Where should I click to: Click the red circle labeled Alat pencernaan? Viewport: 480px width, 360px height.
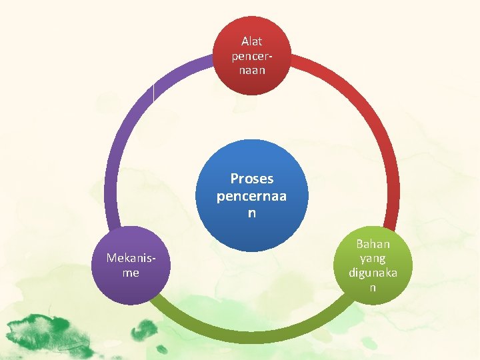click(252, 55)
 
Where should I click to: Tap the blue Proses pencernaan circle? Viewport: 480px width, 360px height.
click(252, 195)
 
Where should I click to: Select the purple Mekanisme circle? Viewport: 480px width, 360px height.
click(131, 265)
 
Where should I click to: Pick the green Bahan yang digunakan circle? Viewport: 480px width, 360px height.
click(373, 265)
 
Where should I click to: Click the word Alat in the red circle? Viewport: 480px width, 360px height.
click(252, 41)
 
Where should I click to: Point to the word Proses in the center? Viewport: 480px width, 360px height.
click(252, 179)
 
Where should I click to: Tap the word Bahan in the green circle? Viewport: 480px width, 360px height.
click(373, 244)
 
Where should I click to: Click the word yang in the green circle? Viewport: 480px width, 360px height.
click(373, 258)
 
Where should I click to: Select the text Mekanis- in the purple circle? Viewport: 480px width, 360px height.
click(131, 258)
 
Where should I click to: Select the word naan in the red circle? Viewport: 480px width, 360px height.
click(252, 69)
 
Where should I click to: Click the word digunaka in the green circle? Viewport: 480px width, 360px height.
click(373, 273)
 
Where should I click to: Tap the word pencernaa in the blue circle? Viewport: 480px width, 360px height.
click(252, 197)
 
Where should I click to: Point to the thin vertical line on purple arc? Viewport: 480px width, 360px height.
click(153, 93)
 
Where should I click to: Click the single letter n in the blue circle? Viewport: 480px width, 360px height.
click(252, 213)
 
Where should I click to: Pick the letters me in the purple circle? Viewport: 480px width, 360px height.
click(131, 273)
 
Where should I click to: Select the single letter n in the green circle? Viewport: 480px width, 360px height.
click(373, 287)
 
